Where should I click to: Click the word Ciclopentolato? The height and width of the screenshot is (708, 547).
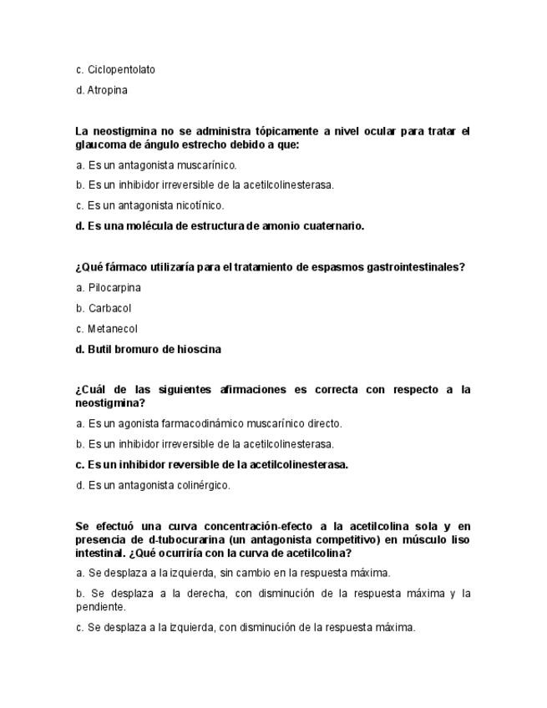121,69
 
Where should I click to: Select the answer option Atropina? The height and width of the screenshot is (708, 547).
108,90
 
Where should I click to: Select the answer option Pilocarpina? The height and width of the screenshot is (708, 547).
114,288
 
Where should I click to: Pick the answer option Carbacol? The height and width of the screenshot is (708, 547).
109,309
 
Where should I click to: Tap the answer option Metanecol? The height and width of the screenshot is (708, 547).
112,329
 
